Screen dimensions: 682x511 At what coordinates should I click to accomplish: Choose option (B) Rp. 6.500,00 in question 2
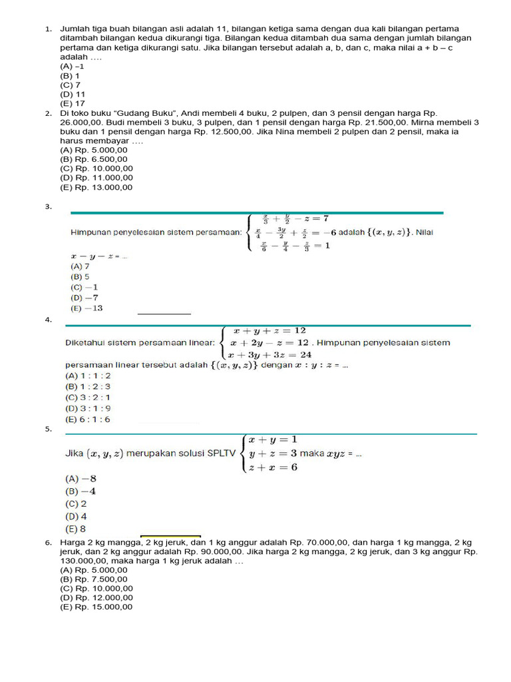click(x=93, y=160)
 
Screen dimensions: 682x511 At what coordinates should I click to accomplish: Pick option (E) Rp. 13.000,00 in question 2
click(x=96, y=187)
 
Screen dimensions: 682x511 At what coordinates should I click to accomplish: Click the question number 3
click(x=48, y=207)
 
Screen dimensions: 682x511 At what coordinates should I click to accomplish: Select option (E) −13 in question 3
click(x=86, y=308)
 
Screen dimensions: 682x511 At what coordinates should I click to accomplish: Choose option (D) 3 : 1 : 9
click(x=88, y=408)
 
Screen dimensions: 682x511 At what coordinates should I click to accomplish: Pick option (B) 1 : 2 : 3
click(x=88, y=386)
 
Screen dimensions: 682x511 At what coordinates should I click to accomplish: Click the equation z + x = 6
click(x=272, y=467)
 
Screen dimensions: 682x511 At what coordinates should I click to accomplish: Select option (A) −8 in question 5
click(x=81, y=478)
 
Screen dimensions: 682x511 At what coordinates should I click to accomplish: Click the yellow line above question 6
click(x=170, y=535)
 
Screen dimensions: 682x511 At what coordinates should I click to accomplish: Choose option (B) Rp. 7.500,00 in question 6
click(x=93, y=579)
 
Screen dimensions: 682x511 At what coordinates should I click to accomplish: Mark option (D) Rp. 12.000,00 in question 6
click(x=96, y=598)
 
